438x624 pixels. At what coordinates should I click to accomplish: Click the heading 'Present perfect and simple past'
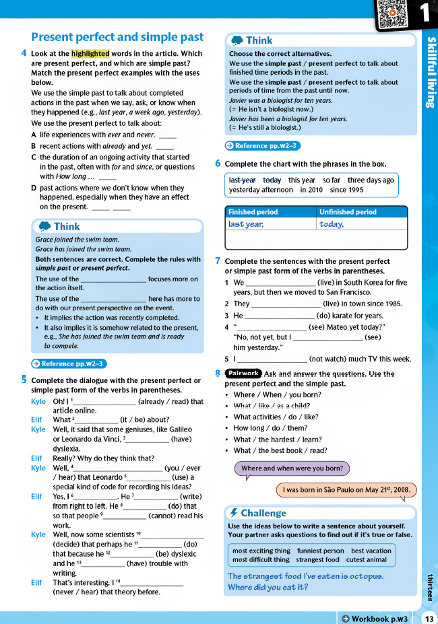(117, 37)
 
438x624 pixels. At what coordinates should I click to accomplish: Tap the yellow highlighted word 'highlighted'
(90, 54)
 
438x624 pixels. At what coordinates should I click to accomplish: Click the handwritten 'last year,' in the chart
(246, 224)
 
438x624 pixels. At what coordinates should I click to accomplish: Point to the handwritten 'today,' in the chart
(332, 224)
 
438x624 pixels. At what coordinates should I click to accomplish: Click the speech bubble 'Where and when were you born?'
(292, 468)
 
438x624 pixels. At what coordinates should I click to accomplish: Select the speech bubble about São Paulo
(346, 490)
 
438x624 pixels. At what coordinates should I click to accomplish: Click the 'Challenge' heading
(263, 513)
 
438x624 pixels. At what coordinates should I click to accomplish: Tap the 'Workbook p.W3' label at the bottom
(375, 618)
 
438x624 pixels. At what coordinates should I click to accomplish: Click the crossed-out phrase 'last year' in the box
(242, 180)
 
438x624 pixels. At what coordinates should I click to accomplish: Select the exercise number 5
(24, 380)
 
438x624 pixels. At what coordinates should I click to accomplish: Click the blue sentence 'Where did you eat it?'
(268, 587)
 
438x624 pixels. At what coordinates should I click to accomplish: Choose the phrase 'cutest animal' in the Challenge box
(367, 559)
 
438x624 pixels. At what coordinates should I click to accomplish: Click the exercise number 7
(218, 261)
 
